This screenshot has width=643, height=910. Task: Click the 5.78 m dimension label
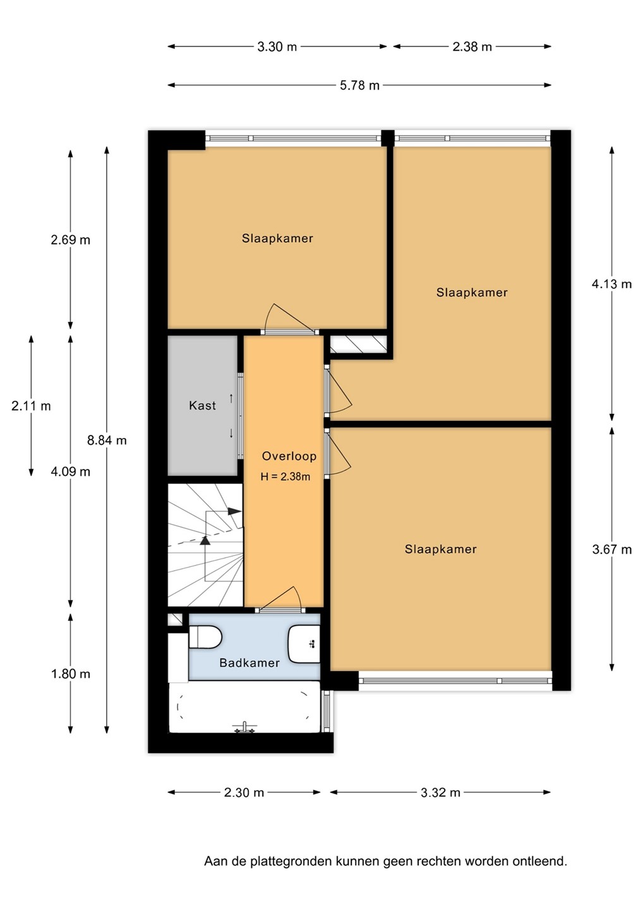click(359, 86)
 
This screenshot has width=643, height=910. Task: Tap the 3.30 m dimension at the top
click(277, 47)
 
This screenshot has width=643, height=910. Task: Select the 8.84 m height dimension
click(107, 440)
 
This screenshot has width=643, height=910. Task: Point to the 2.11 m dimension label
click(31, 406)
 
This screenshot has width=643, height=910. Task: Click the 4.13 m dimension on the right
click(612, 284)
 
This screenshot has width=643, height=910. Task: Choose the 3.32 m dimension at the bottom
click(440, 792)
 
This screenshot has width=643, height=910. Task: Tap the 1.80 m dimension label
click(70, 674)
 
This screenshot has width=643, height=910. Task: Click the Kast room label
click(202, 406)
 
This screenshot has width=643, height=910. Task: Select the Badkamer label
click(249, 663)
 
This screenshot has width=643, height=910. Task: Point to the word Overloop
click(289, 456)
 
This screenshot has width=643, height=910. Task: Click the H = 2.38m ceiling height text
click(285, 476)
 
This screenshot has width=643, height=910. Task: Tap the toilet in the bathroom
click(205, 636)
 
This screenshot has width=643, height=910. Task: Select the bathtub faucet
click(244, 728)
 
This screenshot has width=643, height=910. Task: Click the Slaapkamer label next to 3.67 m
click(440, 549)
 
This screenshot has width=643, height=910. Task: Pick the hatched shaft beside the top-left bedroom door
click(358, 344)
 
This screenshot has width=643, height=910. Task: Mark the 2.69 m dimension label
click(70, 240)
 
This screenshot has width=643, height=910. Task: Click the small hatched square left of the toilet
click(176, 619)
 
